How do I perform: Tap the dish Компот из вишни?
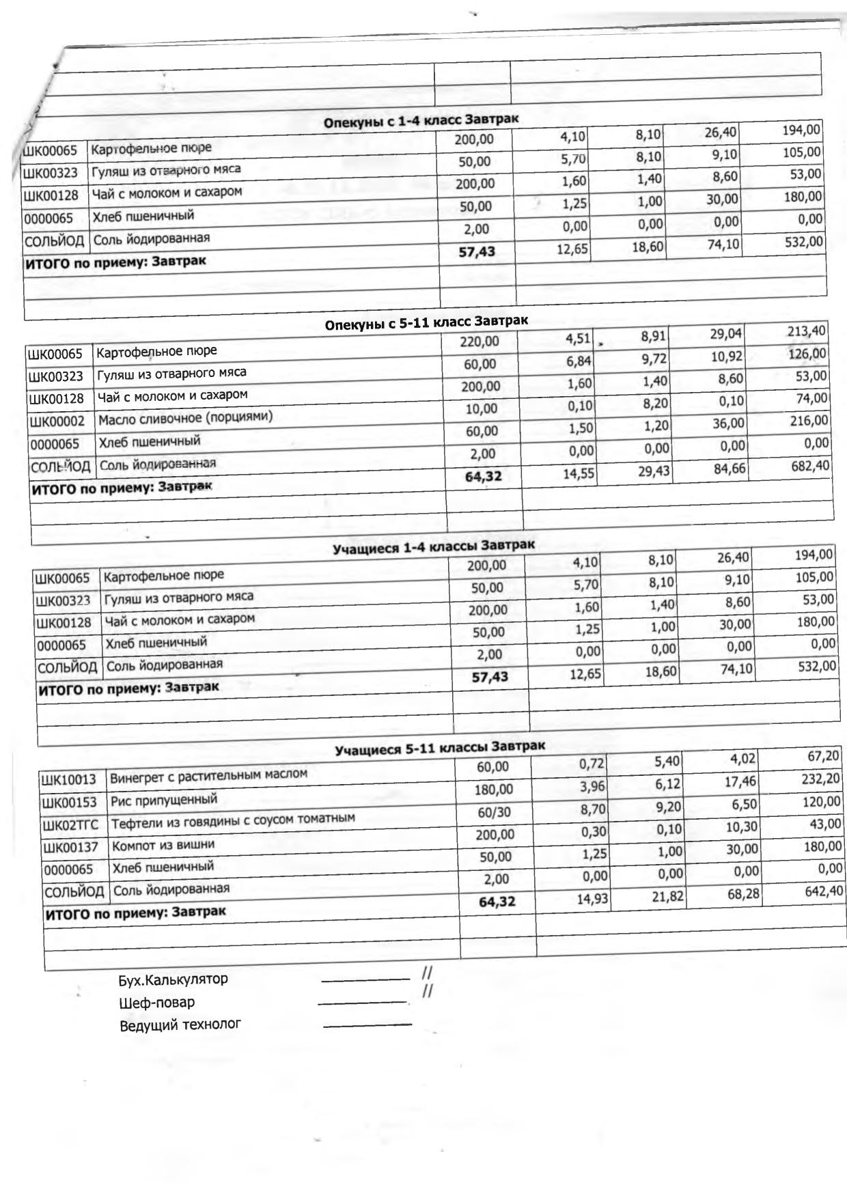(x=163, y=845)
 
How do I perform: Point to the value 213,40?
(x=806, y=332)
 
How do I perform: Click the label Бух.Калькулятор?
(x=173, y=979)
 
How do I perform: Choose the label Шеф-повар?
(x=156, y=1003)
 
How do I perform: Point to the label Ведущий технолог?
(x=180, y=1025)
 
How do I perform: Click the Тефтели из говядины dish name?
(x=233, y=820)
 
